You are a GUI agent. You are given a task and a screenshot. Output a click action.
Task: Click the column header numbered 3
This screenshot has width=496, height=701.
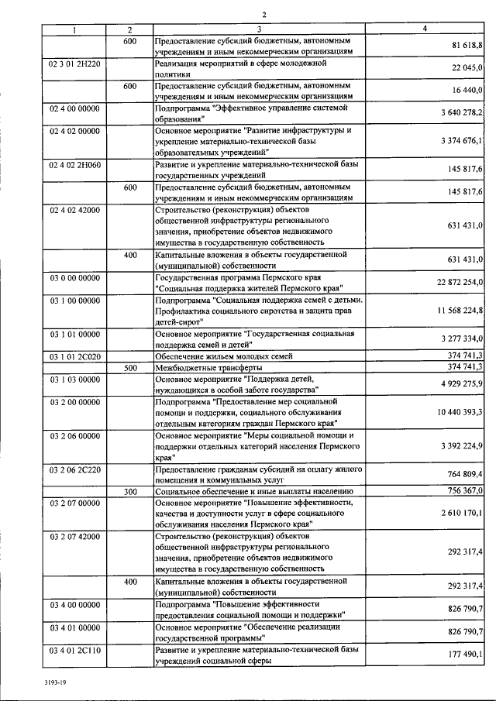point(259,29)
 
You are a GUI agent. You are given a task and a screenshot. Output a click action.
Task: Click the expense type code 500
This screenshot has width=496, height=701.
point(130,367)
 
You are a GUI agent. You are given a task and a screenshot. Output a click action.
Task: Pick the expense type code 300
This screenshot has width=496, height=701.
point(130,491)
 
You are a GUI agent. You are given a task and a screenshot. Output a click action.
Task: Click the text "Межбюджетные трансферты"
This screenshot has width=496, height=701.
point(208,367)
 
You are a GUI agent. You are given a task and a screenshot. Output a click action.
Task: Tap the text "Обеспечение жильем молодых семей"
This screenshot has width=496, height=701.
point(225,356)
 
